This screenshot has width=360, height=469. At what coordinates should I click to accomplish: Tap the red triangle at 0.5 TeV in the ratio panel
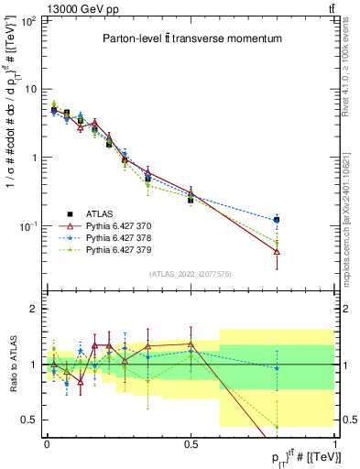(191, 344)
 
